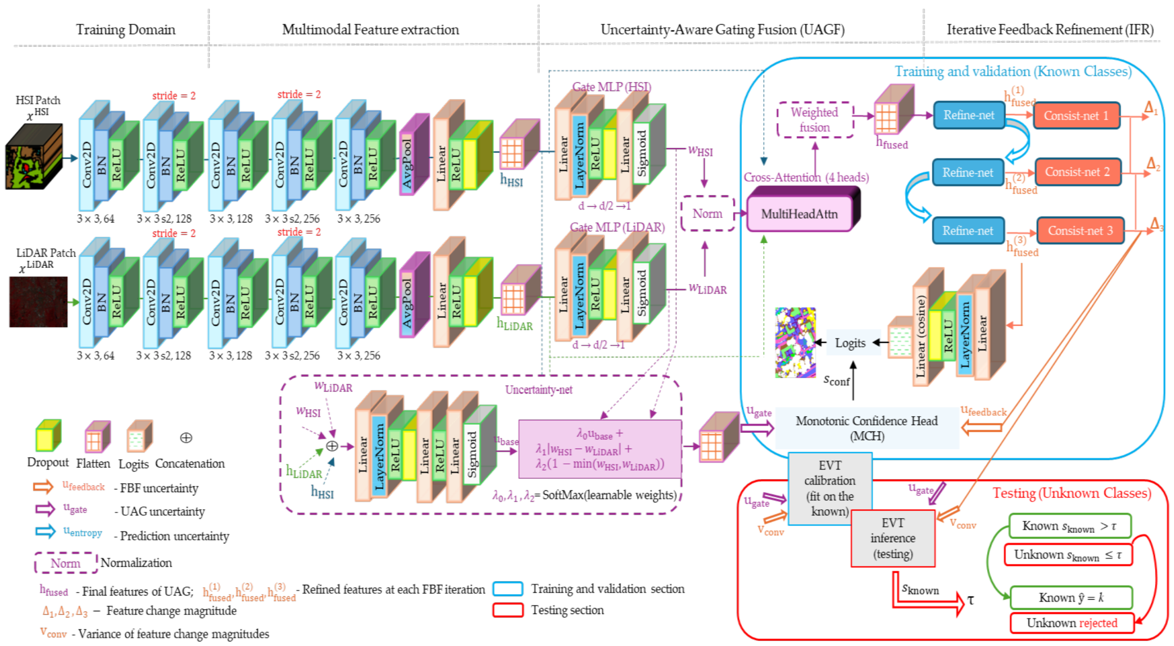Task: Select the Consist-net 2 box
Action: click(x=1077, y=172)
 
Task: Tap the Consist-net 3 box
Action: click(x=1080, y=231)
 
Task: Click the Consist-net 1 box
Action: click(x=1076, y=116)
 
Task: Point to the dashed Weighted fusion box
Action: click(x=815, y=120)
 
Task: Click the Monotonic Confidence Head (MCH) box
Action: click(x=867, y=428)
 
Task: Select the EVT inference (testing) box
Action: click(x=893, y=538)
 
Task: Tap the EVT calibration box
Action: click(x=829, y=488)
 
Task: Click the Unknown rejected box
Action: click(x=1072, y=623)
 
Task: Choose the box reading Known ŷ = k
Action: click(x=1071, y=597)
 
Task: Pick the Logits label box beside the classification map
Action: click(x=850, y=343)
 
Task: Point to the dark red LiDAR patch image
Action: click(x=38, y=302)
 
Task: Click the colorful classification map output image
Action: click(x=795, y=342)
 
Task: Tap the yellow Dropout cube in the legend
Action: click(x=48, y=435)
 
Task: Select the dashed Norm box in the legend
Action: click(x=65, y=563)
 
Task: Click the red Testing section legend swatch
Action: click(x=508, y=610)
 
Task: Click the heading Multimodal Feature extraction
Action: click(x=371, y=30)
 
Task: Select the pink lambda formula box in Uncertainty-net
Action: click(x=600, y=449)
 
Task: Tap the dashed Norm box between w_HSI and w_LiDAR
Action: click(x=708, y=214)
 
